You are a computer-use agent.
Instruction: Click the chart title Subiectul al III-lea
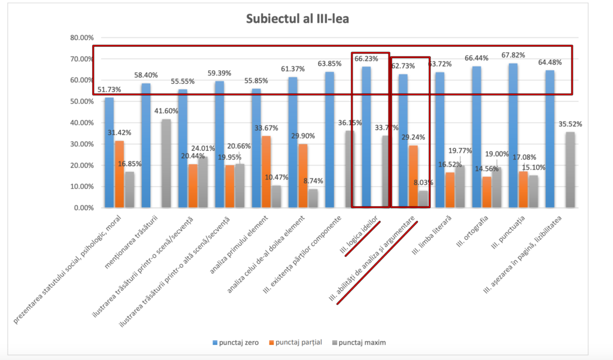pos(298,19)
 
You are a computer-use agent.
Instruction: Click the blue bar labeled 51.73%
pos(109,153)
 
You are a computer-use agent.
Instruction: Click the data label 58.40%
pos(145,75)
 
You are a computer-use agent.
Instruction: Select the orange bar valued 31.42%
pos(119,174)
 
